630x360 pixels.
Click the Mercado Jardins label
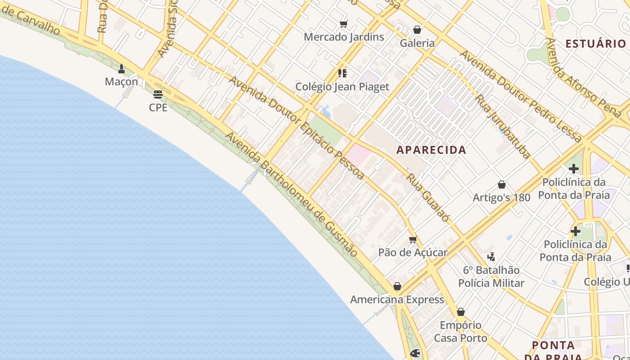[344, 37]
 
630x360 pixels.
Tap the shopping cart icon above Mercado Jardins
[344, 24]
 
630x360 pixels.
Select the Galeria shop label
[418, 43]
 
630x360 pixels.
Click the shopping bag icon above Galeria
[417, 30]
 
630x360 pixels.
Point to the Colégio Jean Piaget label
[342, 87]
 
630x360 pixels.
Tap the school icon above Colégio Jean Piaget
[342, 73]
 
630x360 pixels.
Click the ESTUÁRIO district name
[595, 44]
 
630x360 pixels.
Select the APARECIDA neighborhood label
[431, 150]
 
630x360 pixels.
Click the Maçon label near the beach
[121, 81]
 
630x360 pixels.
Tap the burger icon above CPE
[157, 94]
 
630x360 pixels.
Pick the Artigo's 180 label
[501, 198]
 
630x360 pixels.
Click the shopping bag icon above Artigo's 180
[502, 184]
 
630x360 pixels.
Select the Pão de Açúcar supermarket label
[413, 252]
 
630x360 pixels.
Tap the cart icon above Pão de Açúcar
[413, 239]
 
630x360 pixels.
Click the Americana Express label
[397, 300]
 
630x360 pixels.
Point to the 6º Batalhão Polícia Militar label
[491, 276]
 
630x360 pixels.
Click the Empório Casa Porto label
[460, 331]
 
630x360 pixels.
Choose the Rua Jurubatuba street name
[503, 126]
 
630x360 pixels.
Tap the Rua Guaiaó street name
[427, 198]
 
